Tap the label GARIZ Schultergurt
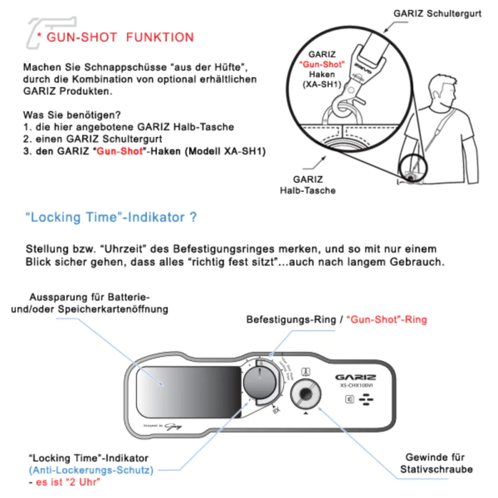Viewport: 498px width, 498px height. click(x=437, y=13)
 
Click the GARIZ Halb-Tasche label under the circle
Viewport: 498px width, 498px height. click(x=307, y=185)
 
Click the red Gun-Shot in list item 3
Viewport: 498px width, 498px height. click(x=119, y=152)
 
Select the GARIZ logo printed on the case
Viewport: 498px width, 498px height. click(x=356, y=377)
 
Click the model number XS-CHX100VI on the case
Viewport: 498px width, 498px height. click(x=355, y=386)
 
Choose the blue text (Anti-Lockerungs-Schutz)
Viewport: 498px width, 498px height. click(x=91, y=470)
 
